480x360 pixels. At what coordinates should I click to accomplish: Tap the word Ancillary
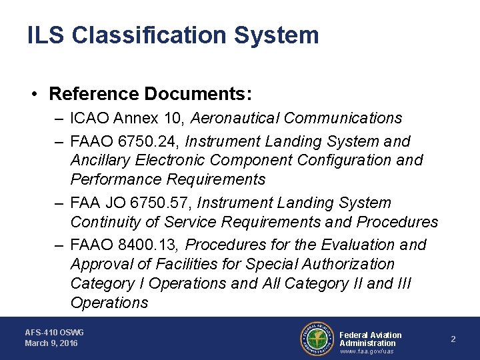pyautogui.click(x=101, y=160)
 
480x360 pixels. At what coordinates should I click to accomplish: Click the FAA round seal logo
pyautogui.click(x=317, y=339)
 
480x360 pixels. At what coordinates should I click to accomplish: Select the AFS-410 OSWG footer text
pyautogui.click(x=55, y=332)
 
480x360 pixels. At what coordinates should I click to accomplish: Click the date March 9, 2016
pyautogui.click(x=51, y=343)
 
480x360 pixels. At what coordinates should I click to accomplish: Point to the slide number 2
pyautogui.click(x=453, y=339)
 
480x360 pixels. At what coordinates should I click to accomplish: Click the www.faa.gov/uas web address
pyautogui.click(x=367, y=351)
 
